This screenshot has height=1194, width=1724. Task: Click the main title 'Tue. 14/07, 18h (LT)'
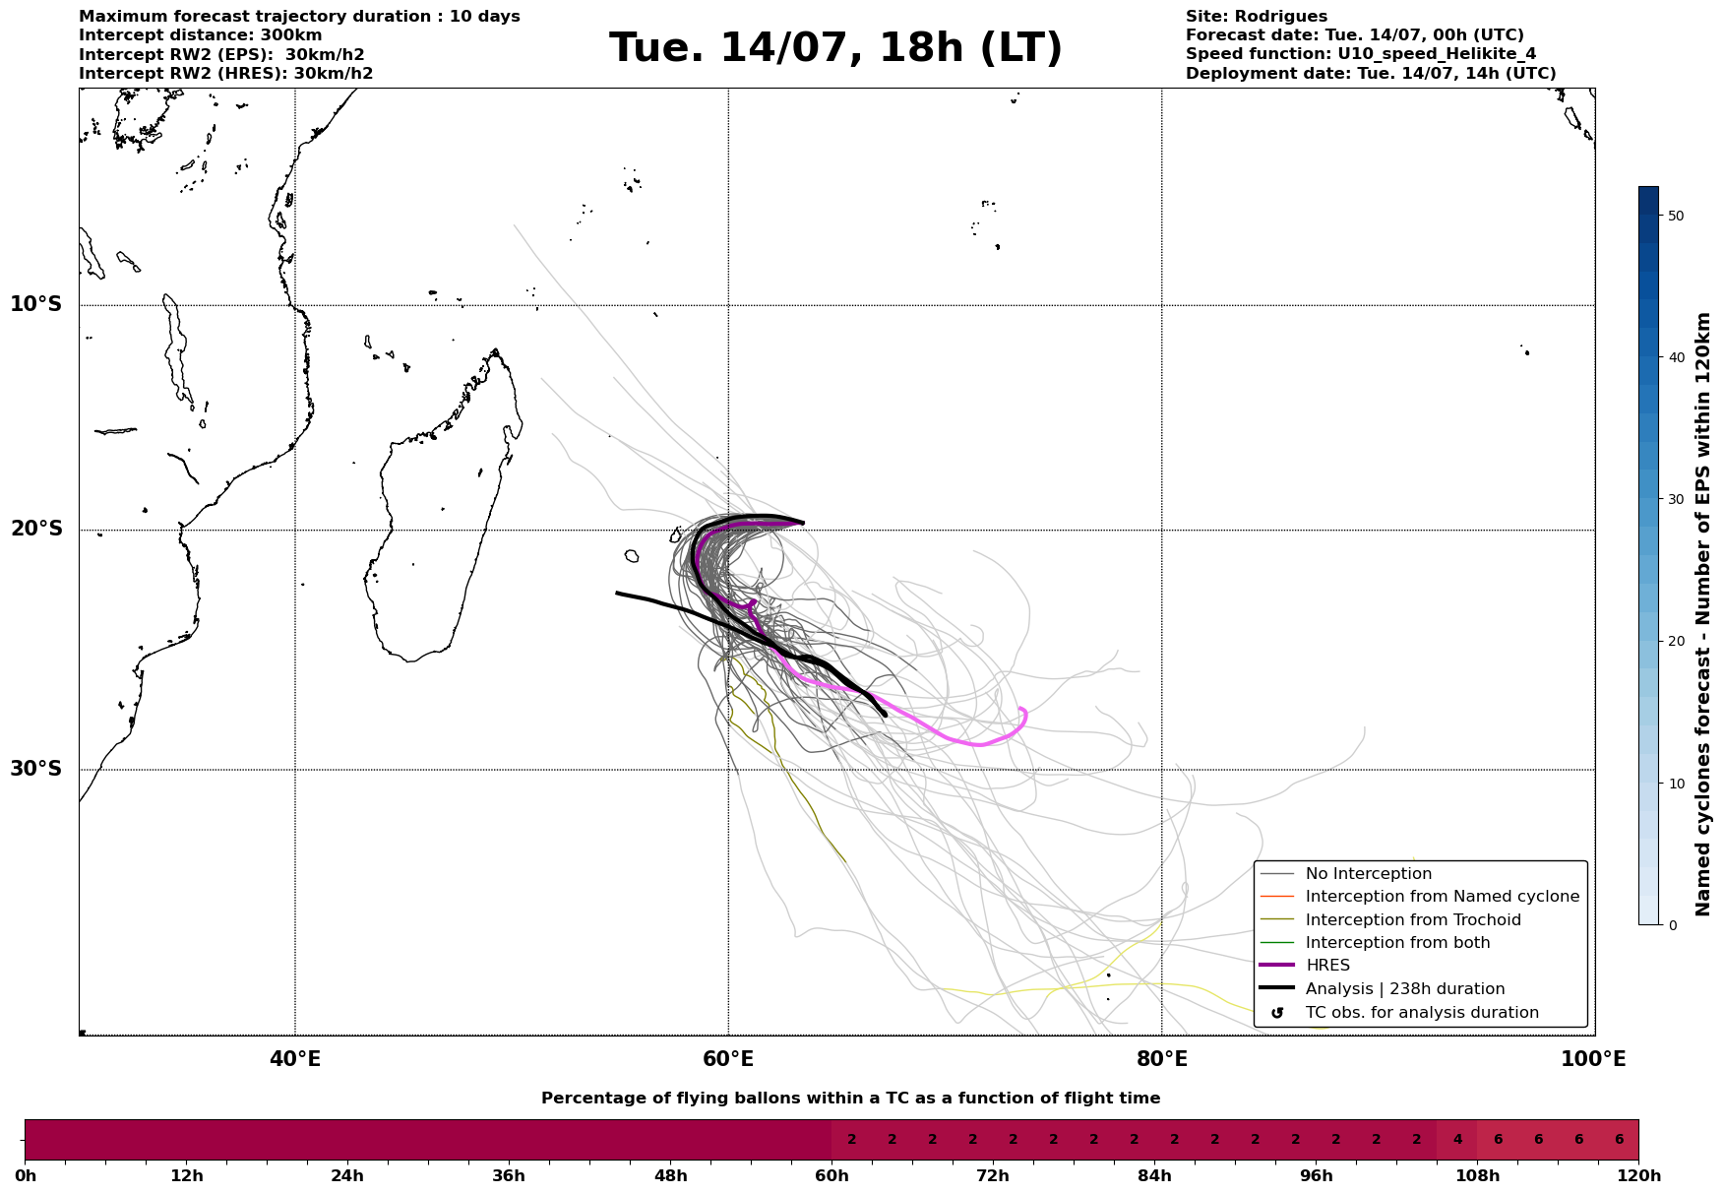click(835, 47)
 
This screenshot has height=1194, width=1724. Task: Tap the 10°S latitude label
click(36, 304)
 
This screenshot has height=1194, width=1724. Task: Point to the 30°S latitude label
click(36, 769)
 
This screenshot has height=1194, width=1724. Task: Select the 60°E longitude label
click(728, 1059)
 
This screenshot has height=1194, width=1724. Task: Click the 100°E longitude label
click(1594, 1059)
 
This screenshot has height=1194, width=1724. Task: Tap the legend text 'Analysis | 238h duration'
click(1405, 989)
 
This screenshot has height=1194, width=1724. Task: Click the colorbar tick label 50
click(1677, 216)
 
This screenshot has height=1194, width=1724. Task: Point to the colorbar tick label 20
click(1677, 641)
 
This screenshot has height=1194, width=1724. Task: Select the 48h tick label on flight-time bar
click(670, 1175)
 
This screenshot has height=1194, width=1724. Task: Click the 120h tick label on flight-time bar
click(1638, 1175)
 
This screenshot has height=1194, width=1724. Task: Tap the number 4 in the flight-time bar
click(1457, 1140)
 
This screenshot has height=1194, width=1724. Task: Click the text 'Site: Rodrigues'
click(1257, 17)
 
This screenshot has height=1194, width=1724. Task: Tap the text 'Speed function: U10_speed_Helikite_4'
click(1361, 54)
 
